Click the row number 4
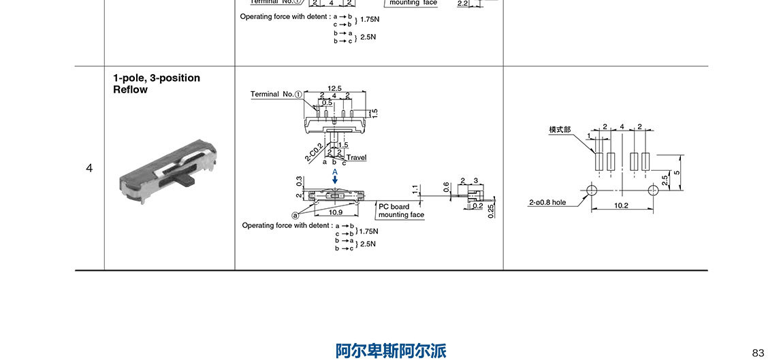[89, 168]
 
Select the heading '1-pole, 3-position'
[157, 78]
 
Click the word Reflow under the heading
[130, 90]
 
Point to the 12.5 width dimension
[334, 88]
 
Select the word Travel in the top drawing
[356, 157]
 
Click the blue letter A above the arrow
[335, 173]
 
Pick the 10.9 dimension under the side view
[336, 212]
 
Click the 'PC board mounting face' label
[401, 210]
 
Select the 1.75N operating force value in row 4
[368, 231]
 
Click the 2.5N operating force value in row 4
[368, 244]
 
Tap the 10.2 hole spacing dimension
[620, 205]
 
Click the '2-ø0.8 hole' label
[547, 202]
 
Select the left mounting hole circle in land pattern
[591, 190]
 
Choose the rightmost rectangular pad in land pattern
[645, 161]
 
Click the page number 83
[758, 353]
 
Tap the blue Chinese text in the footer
[391, 350]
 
